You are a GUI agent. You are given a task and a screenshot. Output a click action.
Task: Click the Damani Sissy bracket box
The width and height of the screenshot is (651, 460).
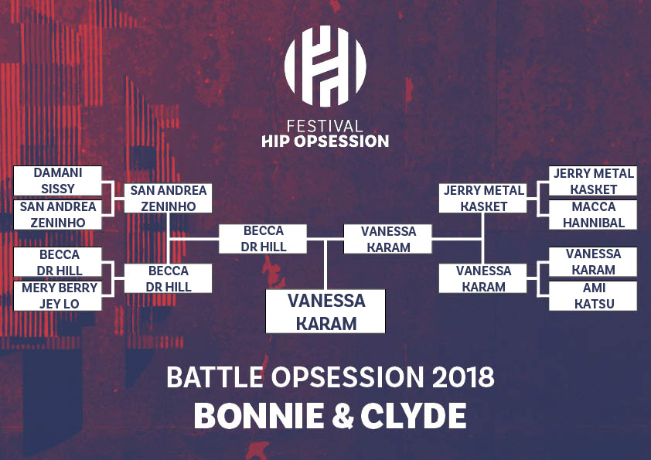click(x=58, y=181)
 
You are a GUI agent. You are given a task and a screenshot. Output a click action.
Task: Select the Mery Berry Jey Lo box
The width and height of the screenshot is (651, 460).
click(x=58, y=295)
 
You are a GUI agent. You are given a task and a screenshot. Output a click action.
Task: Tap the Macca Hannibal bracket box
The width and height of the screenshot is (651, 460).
click(x=593, y=215)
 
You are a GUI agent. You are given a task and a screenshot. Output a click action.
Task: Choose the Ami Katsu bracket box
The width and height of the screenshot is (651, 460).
click(x=593, y=295)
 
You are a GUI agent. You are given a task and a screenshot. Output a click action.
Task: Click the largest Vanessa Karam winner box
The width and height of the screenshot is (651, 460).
click(x=325, y=312)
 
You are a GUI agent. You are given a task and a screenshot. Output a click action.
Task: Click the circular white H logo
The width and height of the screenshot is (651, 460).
click(x=325, y=66)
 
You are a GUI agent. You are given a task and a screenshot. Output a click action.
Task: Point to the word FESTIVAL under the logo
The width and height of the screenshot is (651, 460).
click(x=325, y=126)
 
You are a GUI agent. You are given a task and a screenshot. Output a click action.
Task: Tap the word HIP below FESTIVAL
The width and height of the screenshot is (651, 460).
click(x=276, y=141)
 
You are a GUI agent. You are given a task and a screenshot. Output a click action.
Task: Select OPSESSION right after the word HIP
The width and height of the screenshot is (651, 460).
click(x=341, y=141)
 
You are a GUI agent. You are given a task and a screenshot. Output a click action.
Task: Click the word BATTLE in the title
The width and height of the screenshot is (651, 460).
click(x=215, y=377)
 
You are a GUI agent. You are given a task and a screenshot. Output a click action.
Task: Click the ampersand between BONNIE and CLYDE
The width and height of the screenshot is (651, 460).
click(x=343, y=416)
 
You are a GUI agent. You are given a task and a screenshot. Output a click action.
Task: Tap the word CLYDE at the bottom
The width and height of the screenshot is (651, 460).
click(x=414, y=416)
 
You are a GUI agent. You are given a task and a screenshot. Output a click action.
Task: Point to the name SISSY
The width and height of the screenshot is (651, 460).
click(x=58, y=189)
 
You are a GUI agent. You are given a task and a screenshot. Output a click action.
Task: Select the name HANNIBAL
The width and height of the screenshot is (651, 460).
click(x=593, y=223)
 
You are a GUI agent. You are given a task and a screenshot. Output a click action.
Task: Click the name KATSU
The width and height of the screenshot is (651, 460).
click(x=594, y=304)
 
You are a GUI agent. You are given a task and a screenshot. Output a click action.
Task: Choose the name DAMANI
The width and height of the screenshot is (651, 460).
click(x=58, y=172)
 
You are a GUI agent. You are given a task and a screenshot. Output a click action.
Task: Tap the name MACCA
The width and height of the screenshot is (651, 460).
click(x=593, y=206)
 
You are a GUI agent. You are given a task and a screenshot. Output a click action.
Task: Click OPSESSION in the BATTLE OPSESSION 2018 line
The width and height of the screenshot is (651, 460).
click(x=348, y=377)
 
